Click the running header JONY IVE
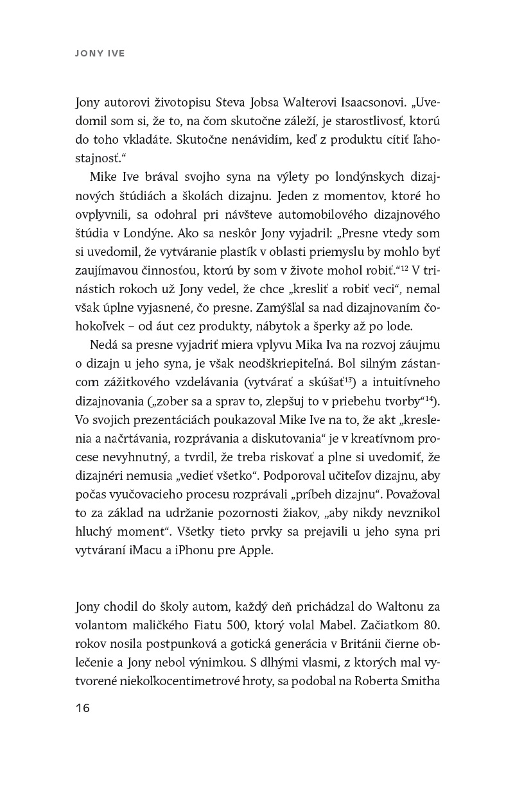100,54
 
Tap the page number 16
82,708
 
